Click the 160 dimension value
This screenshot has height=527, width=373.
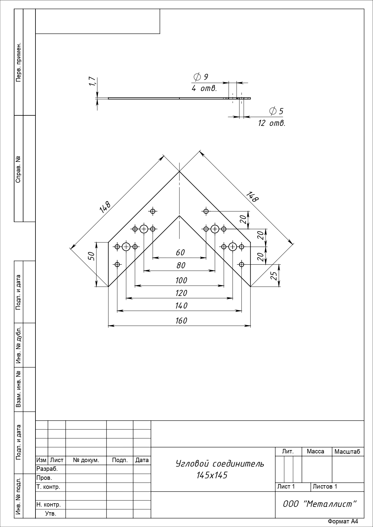pyautogui.click(x=181, y=321)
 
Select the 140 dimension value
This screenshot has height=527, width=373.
pyautogui.click(x=181, y=306)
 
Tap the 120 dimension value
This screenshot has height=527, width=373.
pyautogui.click(x=181, y=293)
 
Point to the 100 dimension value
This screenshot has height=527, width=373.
pyautogui.click(x=181, y=280)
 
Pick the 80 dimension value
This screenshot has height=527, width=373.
pyautogui.click(x=181, y=265)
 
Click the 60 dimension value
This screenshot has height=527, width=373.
pyautogui.click(x=180, y=253)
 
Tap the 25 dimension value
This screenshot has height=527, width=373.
pyautogui.click(x=274, y=276)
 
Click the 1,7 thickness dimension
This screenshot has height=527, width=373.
pyautogui.click(x=92, y=81)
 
